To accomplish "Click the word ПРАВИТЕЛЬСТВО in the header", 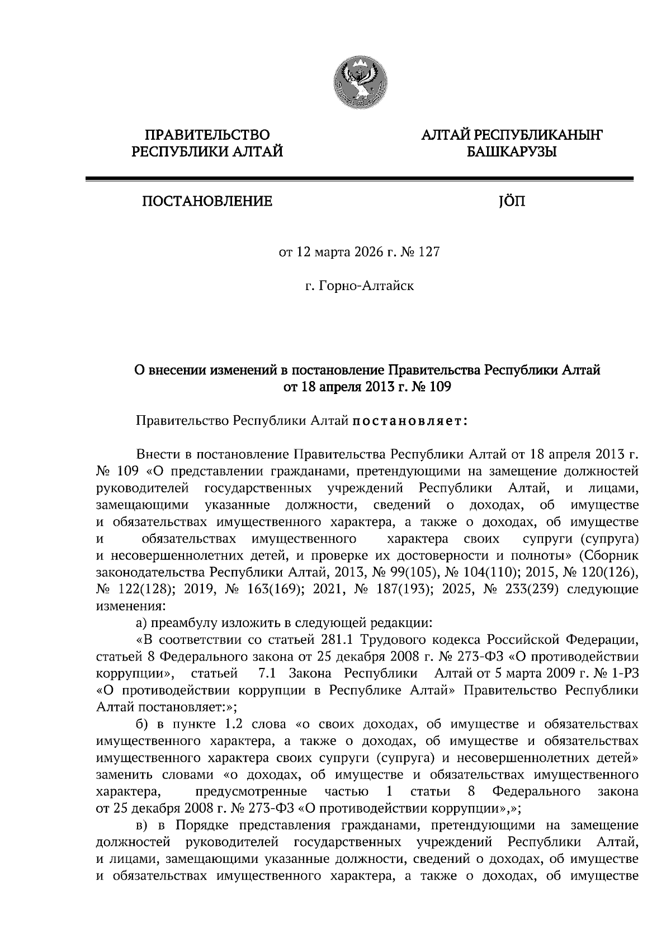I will coord(207,135).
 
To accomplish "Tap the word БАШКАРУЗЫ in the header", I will coord(512,151).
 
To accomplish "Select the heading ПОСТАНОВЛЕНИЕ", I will coord(207,201).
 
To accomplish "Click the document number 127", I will coord(429,252).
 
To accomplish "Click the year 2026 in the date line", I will coord(367,252).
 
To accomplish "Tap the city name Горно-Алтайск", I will coord(366,286).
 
